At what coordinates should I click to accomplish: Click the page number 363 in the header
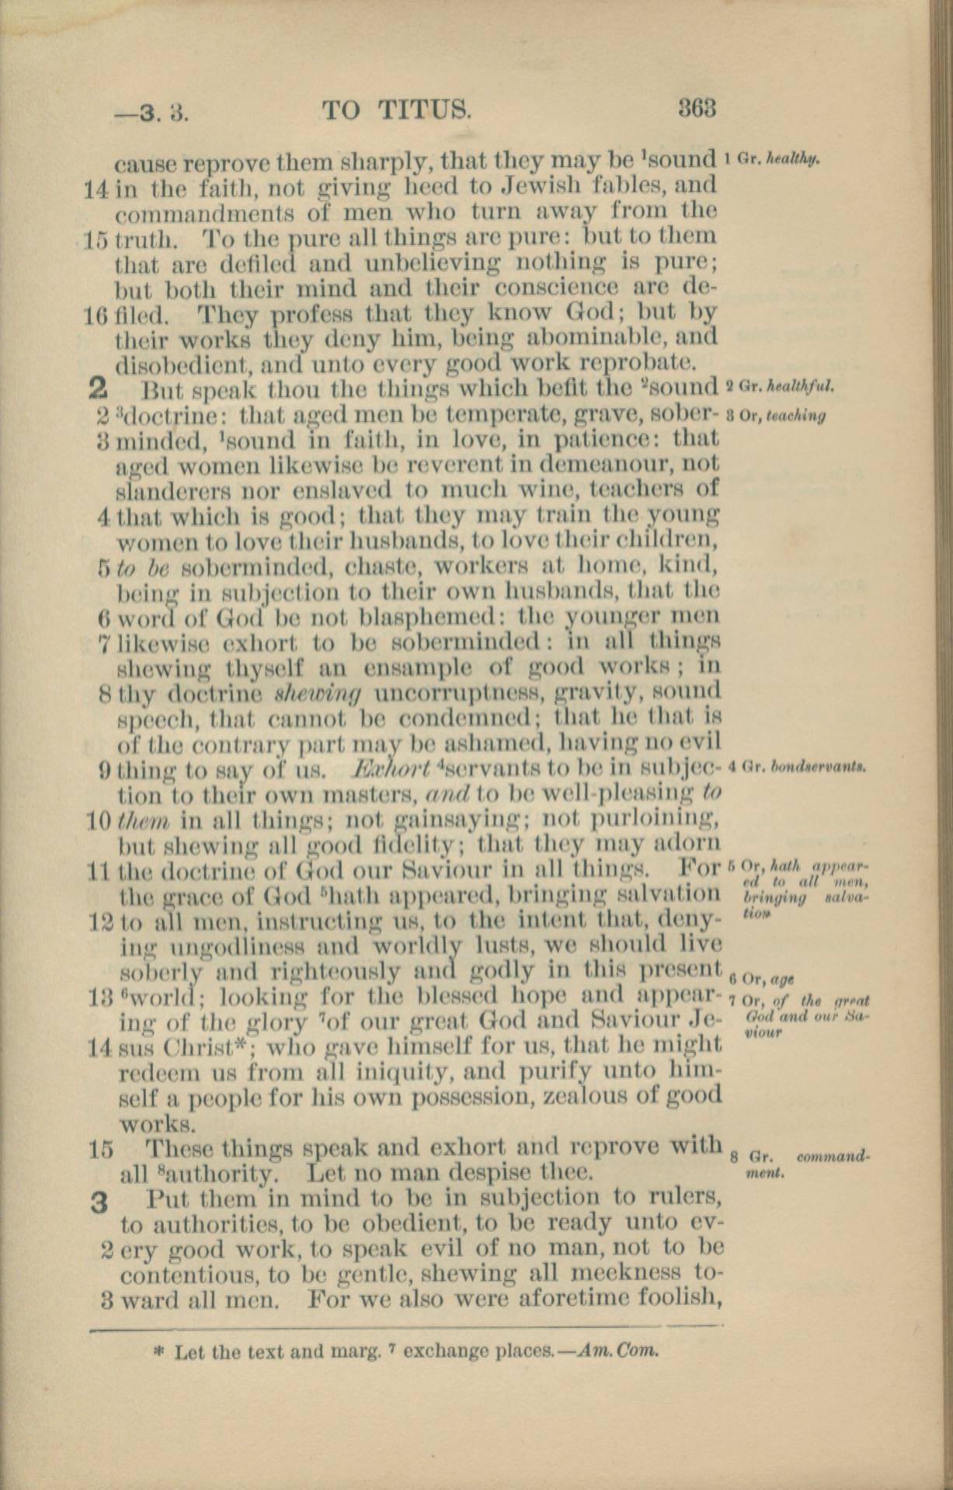click(x=696, y=108)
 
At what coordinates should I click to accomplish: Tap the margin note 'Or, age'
click(x=768, y=977)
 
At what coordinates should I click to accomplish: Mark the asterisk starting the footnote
click(x=160, y=1351)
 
